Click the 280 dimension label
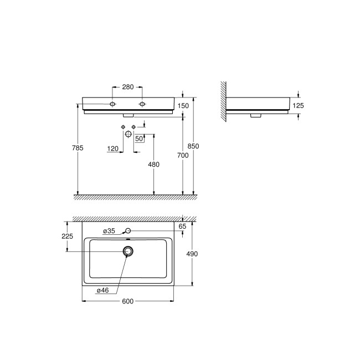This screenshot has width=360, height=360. (x=128, y=87)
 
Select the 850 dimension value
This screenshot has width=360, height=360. (x=193, y=146)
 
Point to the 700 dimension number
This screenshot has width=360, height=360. (x=183, y=156)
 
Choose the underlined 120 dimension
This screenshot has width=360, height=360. (x=113, y=149)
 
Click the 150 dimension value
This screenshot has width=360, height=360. (x=183, y=105)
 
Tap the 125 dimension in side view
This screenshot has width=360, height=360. (x=299, y=105)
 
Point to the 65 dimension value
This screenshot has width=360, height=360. (x=183, y=226)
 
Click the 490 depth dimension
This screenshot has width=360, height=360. (x=193, y=254)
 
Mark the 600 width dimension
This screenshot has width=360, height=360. (x=128, y=301)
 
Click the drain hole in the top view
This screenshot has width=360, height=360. (x=128, y=252)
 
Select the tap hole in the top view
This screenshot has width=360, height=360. (x=128, y=230)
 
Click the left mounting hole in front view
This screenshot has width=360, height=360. (x=113, y=104)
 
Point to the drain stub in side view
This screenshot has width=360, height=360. (x=255, y=116)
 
